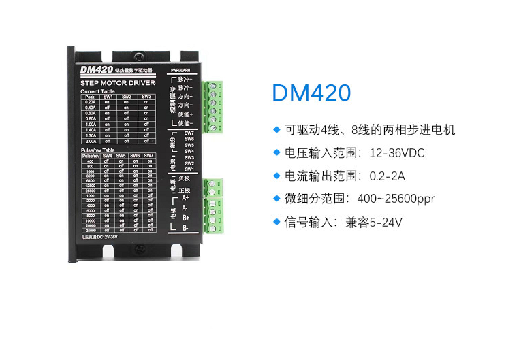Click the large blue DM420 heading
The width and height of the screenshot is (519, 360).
(311, 93)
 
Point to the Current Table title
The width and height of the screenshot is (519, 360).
(97, 91)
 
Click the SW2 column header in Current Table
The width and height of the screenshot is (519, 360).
(127, 97)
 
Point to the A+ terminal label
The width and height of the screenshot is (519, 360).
(185, 197)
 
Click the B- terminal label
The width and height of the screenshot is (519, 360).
(185, 227)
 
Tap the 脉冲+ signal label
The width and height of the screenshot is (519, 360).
(185, 80)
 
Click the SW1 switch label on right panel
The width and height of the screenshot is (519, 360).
(189, 169)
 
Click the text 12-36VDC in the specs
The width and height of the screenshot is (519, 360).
(396, 153)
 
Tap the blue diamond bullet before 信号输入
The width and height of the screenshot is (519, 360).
(277, 221)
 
